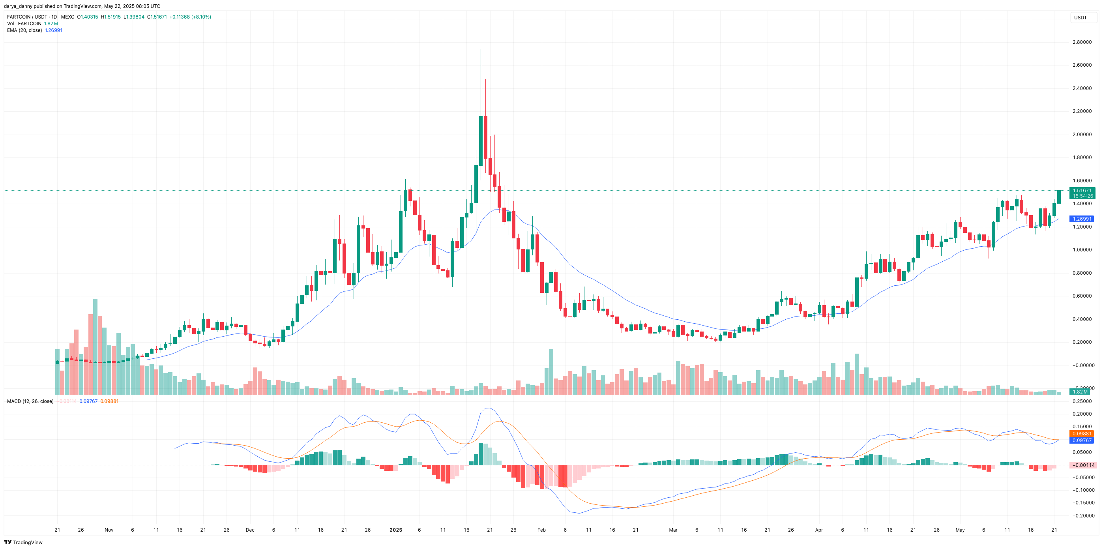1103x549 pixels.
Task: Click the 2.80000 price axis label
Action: tap(1082, 42)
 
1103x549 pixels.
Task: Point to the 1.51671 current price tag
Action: tap(1082, 191)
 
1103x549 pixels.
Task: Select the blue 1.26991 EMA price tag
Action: tap(1082, 219)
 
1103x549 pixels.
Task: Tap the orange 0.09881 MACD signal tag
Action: tap(1082, 433)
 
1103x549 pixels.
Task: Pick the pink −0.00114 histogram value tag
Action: tap(1082, 465)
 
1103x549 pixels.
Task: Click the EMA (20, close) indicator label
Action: tap(24, 30)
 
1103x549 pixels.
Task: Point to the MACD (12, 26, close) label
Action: tap(30, 401)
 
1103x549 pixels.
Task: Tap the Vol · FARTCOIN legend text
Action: tap(24, 24)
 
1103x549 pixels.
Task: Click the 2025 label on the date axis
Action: tap(396, 530)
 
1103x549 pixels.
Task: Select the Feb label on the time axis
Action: tap(541, 530)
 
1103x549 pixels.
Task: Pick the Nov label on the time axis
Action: tap(109, 530)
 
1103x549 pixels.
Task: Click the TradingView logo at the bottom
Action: tap(24, 542)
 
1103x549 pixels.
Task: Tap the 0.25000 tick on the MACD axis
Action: tap(1082, 401)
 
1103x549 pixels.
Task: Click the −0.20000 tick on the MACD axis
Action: tap(1082, 515)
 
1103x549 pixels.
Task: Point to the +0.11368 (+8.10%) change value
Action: tap(190, 17)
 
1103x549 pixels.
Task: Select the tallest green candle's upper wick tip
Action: tap(480, 50)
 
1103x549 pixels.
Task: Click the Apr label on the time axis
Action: tap(819, 530)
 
